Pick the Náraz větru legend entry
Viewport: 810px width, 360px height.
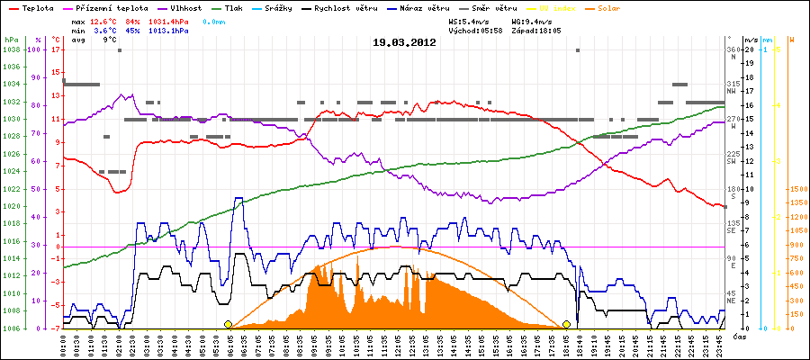435,8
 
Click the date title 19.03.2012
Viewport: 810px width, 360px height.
404,41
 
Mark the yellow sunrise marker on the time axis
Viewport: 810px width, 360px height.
228,324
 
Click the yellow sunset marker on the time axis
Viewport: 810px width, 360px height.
567,324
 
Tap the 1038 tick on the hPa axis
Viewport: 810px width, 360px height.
12,50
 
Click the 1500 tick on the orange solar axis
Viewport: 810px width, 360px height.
796,190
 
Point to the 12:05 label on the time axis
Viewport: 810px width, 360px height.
400,344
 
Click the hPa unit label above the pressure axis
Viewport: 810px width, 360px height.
10,40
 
